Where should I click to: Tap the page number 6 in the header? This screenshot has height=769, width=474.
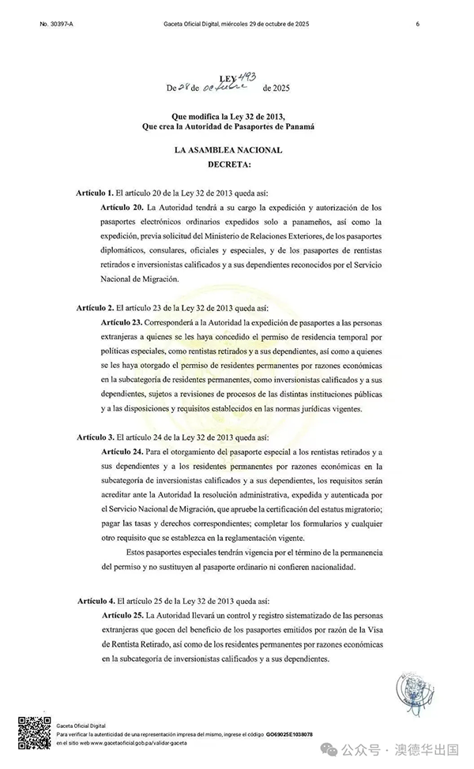416,24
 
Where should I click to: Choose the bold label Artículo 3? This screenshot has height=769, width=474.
95,437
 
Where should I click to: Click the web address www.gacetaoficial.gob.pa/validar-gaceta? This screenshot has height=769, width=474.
130,744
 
